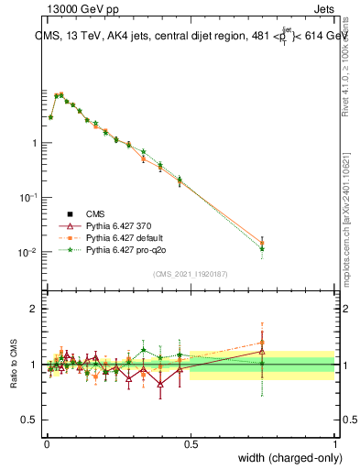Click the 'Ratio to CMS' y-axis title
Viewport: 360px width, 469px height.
[14, 360]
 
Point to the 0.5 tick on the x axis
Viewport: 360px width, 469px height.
[191, 444]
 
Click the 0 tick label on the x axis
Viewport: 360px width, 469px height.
[47, 444]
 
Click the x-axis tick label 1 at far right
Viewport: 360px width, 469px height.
[334, 444]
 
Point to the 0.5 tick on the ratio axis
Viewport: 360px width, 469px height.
[29, 420]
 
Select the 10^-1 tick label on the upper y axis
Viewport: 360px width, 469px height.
[27, 198]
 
